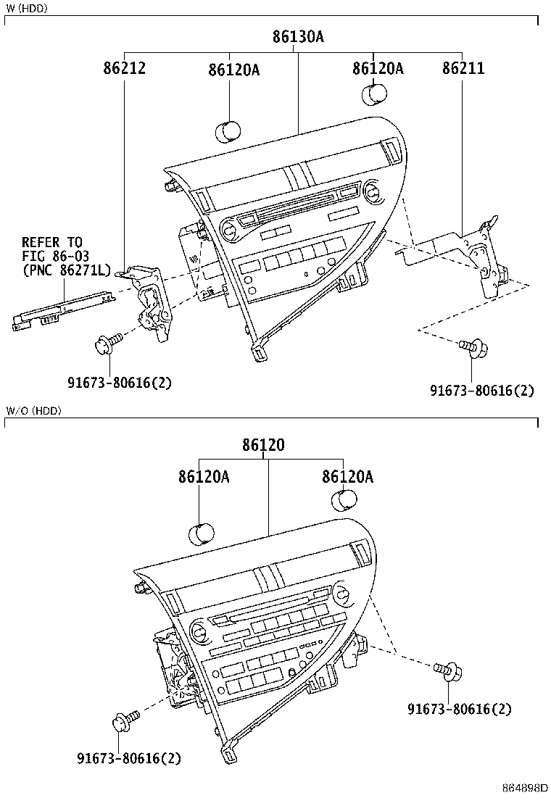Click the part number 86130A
click(x=298, y=36)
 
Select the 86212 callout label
click(x=124, y=69)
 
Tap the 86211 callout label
click(x=463, y=69)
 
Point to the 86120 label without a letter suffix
click(x=268, y=445)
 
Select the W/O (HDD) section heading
click(x=33, y=411)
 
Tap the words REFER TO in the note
click(x=51, y=242)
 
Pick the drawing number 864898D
click(x=524, y=787)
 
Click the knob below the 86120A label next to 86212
click(x=228, y=131)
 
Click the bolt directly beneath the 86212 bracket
click(x=106, y=343)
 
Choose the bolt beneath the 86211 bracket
click(x=473, y=348)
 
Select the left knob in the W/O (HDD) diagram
click(x=201, y=533)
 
